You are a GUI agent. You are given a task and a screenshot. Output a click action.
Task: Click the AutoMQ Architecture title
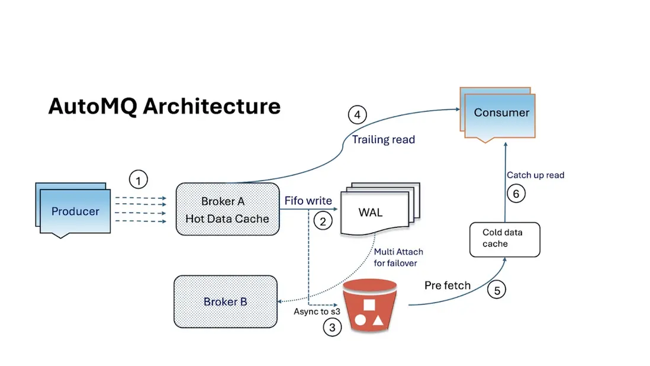(164, 107)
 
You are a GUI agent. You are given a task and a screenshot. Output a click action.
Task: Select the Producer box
(75, 211)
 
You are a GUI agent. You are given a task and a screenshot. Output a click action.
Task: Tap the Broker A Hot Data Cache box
(227, 210)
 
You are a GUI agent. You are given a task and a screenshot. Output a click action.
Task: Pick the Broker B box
(226, 301)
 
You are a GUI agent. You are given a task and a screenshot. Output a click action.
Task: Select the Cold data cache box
(504, 239)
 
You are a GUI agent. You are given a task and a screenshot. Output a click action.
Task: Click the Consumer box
(501, 113)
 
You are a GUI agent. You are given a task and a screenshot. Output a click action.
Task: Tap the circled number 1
(138, 178)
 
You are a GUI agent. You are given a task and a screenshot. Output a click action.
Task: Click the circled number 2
(323, 221)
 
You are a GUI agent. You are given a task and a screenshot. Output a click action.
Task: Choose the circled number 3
(332, 326)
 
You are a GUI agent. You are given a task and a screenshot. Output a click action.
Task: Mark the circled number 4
(357, 114)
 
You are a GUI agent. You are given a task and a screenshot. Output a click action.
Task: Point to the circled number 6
(516, 193)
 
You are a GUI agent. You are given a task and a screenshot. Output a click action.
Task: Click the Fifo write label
(308, 201)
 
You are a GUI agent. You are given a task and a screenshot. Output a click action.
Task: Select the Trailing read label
(384, 140)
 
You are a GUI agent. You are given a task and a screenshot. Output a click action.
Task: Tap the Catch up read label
(535, 175)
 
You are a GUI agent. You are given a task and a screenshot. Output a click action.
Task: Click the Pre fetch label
(448, 285)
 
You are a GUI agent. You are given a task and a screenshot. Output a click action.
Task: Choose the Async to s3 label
(317, 311)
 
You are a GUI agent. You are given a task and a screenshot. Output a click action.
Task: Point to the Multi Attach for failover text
(398, 257)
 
